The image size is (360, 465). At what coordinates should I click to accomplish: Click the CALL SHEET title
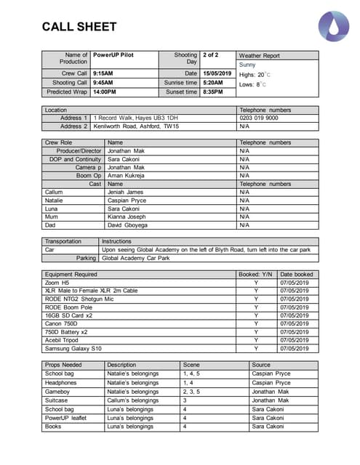[x=79, y=27]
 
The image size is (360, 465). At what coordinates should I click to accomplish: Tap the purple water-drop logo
[x=332, y=26]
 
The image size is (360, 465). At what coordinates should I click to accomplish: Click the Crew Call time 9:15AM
[x=103, y=73]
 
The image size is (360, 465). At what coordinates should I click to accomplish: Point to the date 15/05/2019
[x=217, y=73]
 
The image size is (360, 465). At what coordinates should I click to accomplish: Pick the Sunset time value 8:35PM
[x=213, y=92]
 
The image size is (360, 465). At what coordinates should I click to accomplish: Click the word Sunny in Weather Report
[x=247, y=65]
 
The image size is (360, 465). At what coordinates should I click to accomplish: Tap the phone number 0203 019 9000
[x=258, y=118]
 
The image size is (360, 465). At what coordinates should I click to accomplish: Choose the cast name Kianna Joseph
[x=127, y=217]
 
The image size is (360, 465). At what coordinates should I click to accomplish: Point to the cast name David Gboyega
[x=128, y=225]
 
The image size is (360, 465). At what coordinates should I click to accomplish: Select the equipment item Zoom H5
[x=57, y=283]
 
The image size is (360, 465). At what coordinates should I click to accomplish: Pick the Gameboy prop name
[x=57, y=391]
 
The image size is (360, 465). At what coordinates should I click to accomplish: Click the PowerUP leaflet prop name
[x=65, y=418]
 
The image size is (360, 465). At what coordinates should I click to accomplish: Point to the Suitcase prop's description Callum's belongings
[x=132, y=400]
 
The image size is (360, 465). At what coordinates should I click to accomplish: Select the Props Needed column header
[x=63, y=365]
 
